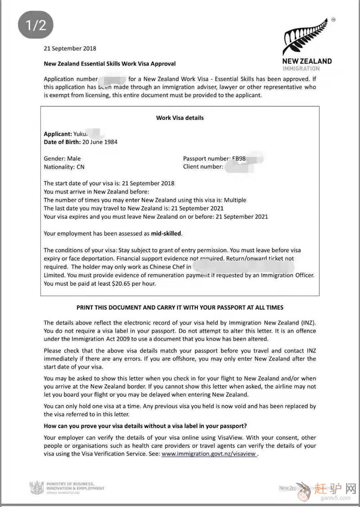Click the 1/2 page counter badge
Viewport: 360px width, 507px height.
[x=36, y=25]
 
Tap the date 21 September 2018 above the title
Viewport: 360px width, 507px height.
[x=70, y=48]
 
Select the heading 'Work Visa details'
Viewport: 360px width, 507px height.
[x=180, y=118]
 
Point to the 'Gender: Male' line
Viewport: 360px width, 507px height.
[x=62, y=158]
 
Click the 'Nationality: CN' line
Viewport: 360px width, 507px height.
[x=64, y=167]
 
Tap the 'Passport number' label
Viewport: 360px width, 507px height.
[x=206, y=158]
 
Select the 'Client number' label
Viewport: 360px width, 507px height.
[x=202, y=167]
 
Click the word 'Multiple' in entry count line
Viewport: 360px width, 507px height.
[x=235, y=200]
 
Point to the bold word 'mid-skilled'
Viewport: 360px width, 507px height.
[x=166, y=233]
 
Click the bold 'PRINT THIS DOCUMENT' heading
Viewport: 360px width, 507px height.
[x=180, y=308]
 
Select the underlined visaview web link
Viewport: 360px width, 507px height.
[x=209, y=454]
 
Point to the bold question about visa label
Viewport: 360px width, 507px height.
[x=145, y=426]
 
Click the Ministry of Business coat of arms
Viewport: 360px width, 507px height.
[x=36, y=488]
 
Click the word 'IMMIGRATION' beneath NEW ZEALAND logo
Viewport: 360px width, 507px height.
[x=301, y=68]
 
